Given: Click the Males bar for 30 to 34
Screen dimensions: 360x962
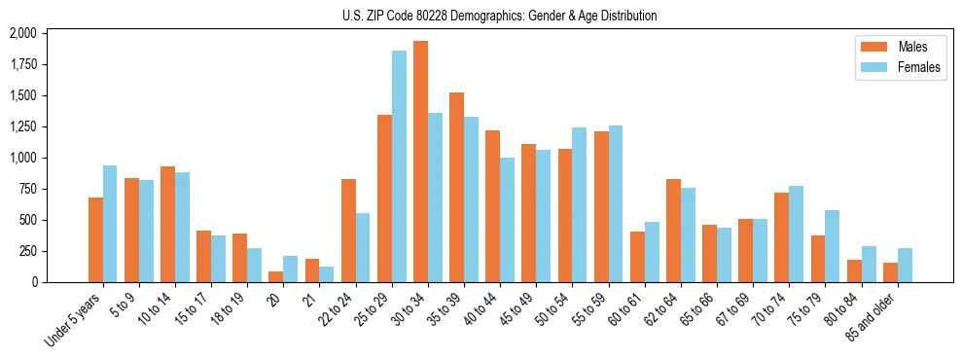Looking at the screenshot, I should [420, 162].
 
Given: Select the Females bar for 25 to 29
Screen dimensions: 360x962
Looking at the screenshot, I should [399, 166].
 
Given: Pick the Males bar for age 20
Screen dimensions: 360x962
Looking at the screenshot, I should [276, 276].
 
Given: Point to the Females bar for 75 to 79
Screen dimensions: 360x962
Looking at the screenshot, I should [833, 246].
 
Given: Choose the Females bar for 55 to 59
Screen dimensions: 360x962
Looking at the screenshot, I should [616, 203].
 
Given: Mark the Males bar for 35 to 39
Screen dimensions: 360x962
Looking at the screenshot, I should [456, 187].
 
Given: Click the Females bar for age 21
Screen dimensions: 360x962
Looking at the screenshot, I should [327, 274].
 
